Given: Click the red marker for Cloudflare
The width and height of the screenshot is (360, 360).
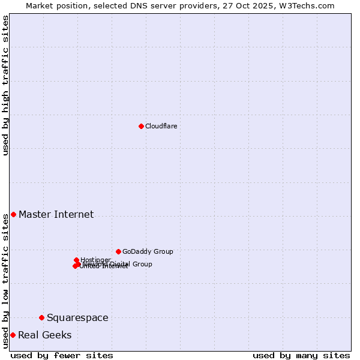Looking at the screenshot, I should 141,126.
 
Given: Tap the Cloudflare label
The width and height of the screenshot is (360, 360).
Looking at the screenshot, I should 161,126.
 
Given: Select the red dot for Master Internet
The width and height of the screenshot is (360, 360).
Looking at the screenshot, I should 13,214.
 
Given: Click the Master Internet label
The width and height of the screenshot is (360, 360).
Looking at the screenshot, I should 56,214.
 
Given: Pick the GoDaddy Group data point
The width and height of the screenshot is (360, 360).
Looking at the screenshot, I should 118,251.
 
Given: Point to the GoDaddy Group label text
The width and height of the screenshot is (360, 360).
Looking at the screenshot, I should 148,251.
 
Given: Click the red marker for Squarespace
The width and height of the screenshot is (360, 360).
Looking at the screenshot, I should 41,317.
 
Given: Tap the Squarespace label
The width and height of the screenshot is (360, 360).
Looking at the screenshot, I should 77,317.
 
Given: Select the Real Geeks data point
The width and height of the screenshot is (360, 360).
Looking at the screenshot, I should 13,335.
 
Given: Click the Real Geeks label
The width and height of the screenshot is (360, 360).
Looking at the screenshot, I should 44,335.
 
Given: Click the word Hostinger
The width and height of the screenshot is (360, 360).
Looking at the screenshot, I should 95,260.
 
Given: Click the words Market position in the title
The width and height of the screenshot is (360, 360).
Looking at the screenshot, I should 54,5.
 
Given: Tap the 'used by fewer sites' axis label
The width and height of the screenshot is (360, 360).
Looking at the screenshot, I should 62,355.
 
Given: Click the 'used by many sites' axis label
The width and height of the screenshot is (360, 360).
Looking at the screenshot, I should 301,355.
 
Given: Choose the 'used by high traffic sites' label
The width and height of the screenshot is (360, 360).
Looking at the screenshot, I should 5,85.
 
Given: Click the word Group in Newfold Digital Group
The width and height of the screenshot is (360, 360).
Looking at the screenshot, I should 142,264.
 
